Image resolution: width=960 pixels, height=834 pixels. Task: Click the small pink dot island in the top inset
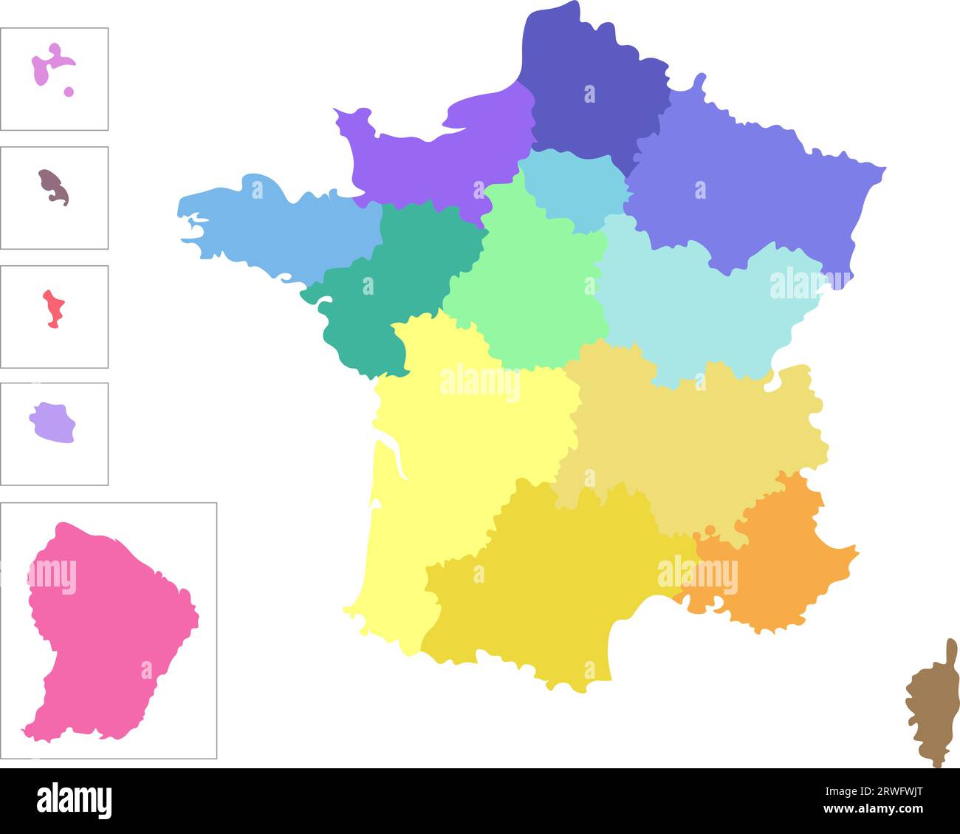(x=69, y=92)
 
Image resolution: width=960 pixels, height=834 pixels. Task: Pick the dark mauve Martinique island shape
(x=54, y=186)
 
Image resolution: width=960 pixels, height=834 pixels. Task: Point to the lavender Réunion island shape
(x=53, y=423)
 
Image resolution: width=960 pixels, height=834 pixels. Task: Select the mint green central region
(x=532, y=288)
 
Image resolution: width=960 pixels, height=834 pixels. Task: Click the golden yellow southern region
(x=546, y=584)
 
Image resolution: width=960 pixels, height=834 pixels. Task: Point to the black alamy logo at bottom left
(x=74, y=801)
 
